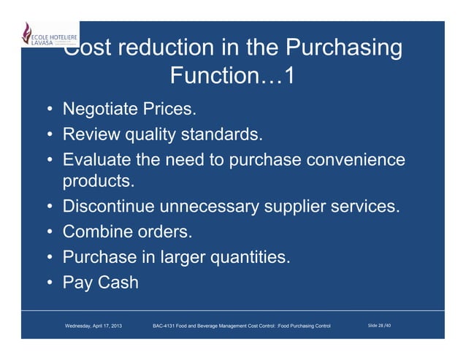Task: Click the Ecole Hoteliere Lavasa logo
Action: [48, 37]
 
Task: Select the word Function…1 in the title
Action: [232, 76]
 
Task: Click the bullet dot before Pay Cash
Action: [48, 282]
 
